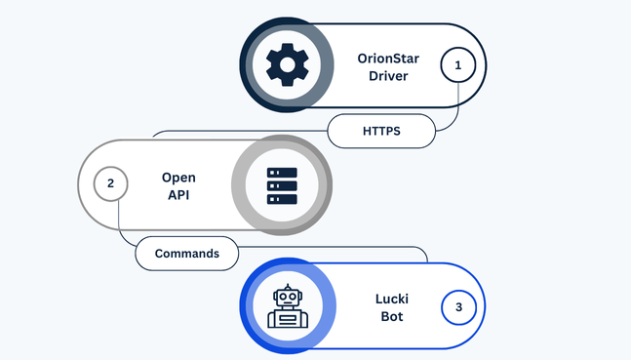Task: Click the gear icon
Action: click(x=286, y=65)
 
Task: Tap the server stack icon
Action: click(x=282, y=185)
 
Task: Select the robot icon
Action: click(x=289, y=306)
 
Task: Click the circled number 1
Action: click(x=457, y=66)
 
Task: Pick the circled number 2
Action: click(x=111, y=182)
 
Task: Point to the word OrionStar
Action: click(x=388, y=58)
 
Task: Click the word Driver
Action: click(x=388, y=76)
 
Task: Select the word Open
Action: click(x=178, y=177)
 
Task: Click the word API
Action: click(x=178, y=195)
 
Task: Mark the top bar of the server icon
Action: click(x=282, y=173)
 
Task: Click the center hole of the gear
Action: click(x=286, y=65)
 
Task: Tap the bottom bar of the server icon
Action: click(x=282, y=198)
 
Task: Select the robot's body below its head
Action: click(x=289, y=318)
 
